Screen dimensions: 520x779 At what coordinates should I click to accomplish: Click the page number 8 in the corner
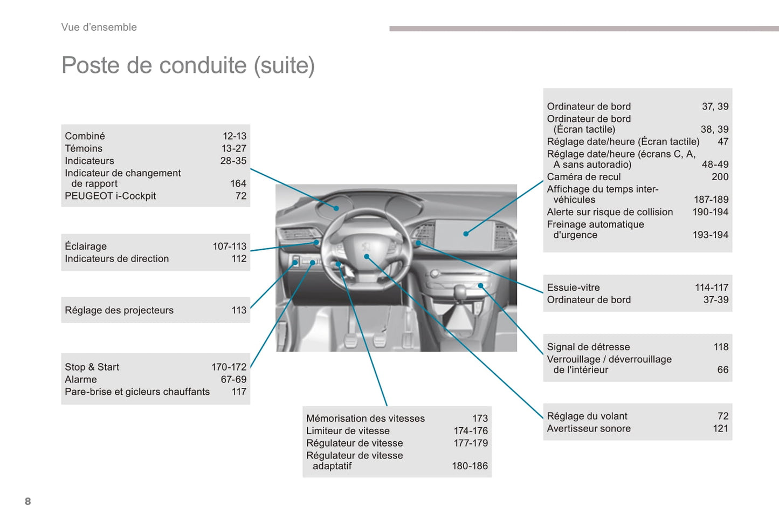click(28, 501)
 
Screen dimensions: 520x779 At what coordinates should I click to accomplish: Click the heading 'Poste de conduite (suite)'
click(188, 65)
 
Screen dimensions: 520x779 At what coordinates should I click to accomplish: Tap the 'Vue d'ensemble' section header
click(99, 27)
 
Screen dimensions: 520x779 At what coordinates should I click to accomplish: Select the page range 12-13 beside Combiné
click(235, 136)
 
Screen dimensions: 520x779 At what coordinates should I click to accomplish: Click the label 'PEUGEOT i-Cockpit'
click(110, 196)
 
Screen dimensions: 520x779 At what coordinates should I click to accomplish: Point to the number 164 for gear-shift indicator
click(238, 183)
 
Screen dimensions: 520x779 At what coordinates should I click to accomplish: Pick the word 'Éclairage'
click(86, 246)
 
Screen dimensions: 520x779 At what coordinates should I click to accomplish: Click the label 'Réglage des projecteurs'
click(119, 310)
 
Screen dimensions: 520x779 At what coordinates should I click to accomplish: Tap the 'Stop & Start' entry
click(92, 367)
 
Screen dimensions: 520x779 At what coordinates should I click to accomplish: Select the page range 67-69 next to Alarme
click(233, 379)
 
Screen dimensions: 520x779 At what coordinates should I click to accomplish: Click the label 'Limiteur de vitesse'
click(348, 430)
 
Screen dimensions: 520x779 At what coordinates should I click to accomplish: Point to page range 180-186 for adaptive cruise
click(470, 466)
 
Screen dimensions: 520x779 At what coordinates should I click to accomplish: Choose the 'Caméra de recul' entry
click(584, 176)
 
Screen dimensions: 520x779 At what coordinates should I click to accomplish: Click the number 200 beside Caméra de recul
click(720, 176)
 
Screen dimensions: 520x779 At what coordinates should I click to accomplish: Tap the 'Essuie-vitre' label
click(573, 288)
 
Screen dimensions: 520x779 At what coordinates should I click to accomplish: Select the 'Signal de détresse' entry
click(588, 347)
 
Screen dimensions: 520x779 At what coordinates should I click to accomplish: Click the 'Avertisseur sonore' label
click(589, 428)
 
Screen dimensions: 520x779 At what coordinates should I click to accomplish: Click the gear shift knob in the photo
click(460, 292)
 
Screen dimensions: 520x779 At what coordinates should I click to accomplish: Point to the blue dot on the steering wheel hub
click(367, 256)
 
